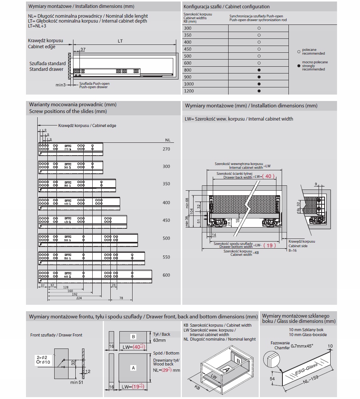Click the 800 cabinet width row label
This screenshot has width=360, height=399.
(188, 70)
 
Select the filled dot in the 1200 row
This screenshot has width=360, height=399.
(259, 91)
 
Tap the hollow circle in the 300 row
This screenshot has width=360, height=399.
(259, 28)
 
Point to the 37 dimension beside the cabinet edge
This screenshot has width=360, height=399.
(83, 50)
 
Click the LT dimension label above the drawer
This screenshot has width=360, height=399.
(120, 41)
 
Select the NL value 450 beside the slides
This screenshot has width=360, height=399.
(166, 220)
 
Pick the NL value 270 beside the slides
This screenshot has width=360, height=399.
(166, 149)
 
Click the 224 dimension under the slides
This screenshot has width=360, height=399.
(78, 298)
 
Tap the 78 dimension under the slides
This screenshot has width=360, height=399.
(121, 298)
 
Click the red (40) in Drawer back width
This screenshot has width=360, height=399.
(268, 176)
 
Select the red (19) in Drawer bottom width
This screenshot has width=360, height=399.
(270, 245)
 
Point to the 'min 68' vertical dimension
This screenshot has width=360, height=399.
(187, 203)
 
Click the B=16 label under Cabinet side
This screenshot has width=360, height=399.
(293, 250)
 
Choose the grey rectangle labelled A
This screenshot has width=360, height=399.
(133, 368)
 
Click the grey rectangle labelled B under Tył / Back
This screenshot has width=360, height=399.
(133, 336)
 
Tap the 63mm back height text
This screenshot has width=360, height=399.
(160, 340)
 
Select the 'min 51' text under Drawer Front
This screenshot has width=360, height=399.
(76, 382)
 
